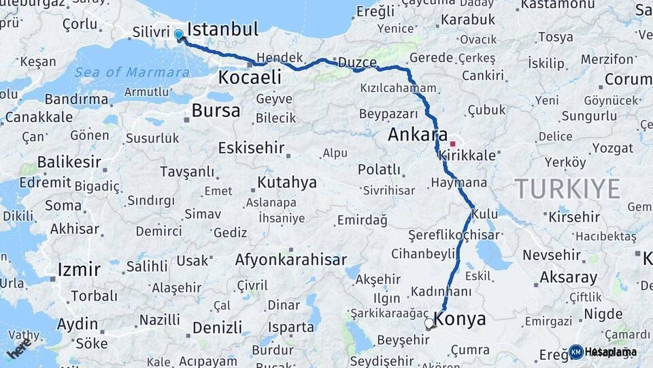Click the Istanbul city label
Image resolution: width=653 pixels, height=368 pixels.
coord(222,29)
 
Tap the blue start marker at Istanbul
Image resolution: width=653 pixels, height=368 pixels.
coord(179,34)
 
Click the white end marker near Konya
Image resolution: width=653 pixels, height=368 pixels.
coord(429,324)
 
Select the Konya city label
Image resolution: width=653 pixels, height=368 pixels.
coord(461,319)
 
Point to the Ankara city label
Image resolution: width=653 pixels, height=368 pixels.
coord(418,134)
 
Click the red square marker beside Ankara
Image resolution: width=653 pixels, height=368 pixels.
coord(453,144)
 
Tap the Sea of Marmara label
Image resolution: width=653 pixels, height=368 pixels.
coord(132,72)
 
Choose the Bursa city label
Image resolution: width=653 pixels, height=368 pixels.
coord(216,110)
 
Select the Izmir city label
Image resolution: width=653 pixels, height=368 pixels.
coord(79,269)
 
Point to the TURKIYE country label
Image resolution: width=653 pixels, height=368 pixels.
coord(567,188)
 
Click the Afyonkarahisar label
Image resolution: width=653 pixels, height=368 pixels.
coord(290,260)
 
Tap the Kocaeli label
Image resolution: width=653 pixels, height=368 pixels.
coord(250,78)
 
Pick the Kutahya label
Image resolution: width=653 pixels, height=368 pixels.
coord(286,182)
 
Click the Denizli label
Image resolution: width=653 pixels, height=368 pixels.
coord(217,327)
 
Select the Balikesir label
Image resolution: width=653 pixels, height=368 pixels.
coord(69,162)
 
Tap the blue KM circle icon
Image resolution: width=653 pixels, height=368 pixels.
coord(576,352)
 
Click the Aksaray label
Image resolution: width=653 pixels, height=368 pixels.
coord(568,277)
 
